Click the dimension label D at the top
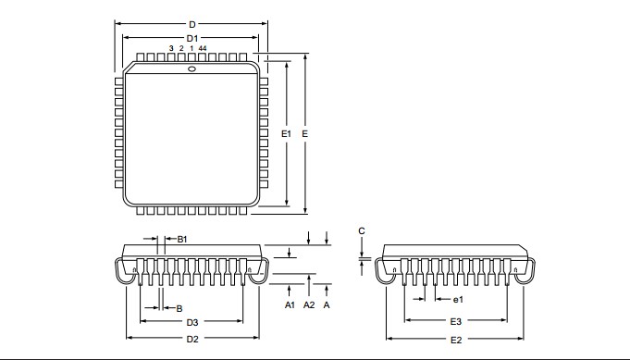[192, 24]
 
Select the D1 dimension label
[192, 39]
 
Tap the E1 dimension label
[286, 134]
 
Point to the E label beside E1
[305, 134]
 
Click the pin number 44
[203, 48]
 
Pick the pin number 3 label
[171, 48]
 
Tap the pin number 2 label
[181, 48]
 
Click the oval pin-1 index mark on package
[192, 68]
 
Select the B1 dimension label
[182, 240]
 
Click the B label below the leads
[179, 308]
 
